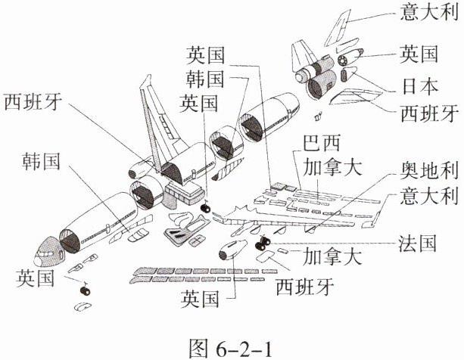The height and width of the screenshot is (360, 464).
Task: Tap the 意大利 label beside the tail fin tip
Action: tap(428, 14)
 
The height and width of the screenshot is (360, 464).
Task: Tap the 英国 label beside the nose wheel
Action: tap(36, 279)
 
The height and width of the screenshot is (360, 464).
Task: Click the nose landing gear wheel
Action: tap(85, 289)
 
